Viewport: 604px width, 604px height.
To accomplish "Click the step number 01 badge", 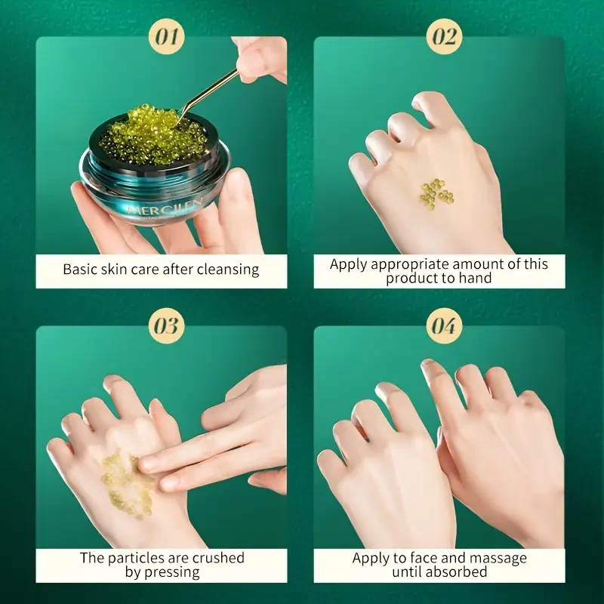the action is pyautogui.click(x=166, y=36).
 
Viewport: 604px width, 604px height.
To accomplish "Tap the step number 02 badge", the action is pyautogui.click(x=444, y=36).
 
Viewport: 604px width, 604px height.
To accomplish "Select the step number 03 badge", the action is pyautogui.click(x=166, y=326).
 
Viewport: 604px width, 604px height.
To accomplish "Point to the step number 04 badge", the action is pyautogui.click(x=444, y=326).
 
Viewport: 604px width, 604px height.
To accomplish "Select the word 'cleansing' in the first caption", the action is pyautogui.click(x=228, y=270).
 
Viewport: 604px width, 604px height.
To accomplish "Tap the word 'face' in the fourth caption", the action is pyautogui.click(x=423, y=558).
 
